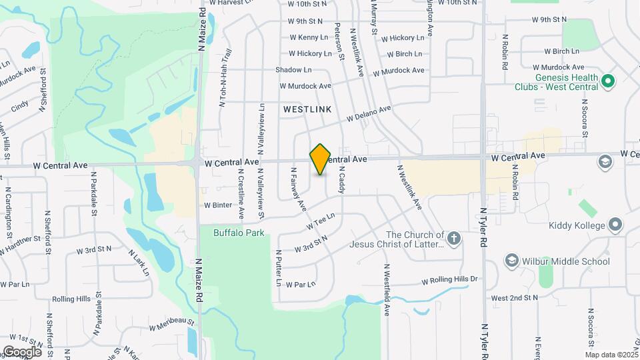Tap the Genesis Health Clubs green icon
point(607,82)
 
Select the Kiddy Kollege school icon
point(615,225)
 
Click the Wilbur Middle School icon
point(511,260)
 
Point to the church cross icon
point(454,239)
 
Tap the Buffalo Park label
point(239,233)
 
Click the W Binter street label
point(217,205)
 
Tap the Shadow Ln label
point(293,69)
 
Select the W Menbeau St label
point(171,325)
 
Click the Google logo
point(22,351)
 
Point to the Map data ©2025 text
point(611,355)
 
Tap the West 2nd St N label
point(514,297)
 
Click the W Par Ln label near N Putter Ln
point(299,284)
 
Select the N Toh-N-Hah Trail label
point(225,78)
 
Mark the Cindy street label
point(20,105)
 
